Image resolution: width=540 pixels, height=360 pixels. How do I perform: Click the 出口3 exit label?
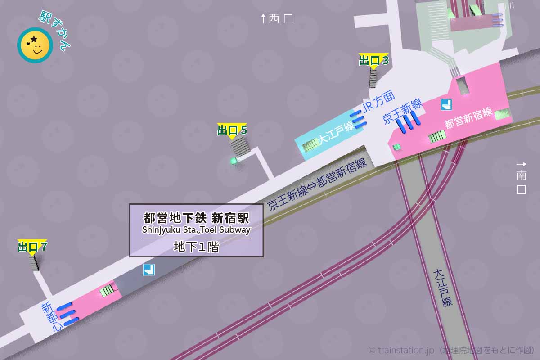373,60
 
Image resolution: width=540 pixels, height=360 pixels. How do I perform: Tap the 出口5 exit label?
232,130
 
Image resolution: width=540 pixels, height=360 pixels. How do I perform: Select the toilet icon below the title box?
148,270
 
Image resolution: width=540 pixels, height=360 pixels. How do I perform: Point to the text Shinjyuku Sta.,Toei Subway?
196,230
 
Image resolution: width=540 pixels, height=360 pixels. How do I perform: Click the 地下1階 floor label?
196,247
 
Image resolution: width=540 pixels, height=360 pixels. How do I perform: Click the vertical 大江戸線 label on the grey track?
441,288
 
